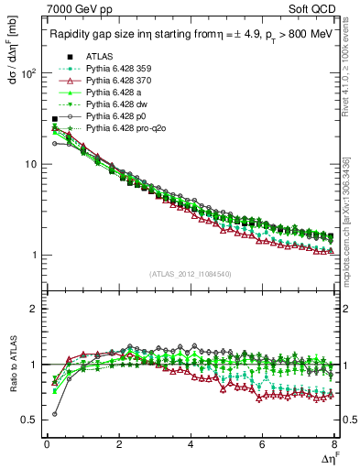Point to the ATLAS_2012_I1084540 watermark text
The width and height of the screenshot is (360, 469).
pos(190,273)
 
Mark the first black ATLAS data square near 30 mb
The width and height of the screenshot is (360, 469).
pos(55,119)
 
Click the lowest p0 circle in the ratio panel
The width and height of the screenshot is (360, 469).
pos(55,414)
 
